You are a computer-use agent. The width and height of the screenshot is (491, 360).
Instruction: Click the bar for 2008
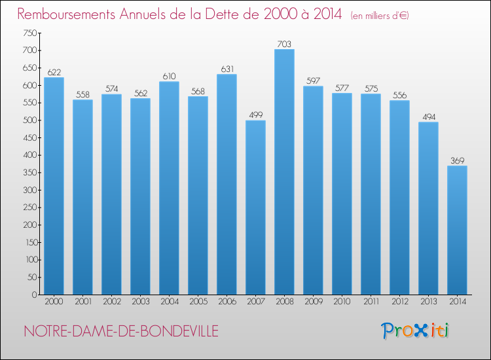(x=284, y=172)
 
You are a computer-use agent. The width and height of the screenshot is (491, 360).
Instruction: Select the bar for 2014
(x=457, y=230)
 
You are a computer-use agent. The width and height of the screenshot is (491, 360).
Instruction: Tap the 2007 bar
(x=255, y=207)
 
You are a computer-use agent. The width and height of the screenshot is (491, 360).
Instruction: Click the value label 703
(x=284, y=44)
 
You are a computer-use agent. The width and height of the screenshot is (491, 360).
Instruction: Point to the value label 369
(x=457, y=160)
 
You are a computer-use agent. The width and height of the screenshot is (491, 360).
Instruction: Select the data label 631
(x=227, y=69)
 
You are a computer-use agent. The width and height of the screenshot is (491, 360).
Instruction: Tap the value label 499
(x=255, y=115)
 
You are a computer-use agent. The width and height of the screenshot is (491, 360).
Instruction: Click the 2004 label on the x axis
(x=169, y=302)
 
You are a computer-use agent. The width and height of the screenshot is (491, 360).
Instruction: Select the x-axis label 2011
(x=371, y=302)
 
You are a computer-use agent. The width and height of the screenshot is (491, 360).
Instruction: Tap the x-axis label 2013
(x=428, y=302)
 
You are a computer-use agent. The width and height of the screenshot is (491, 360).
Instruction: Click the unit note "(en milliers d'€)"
(x=379, y=16)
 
